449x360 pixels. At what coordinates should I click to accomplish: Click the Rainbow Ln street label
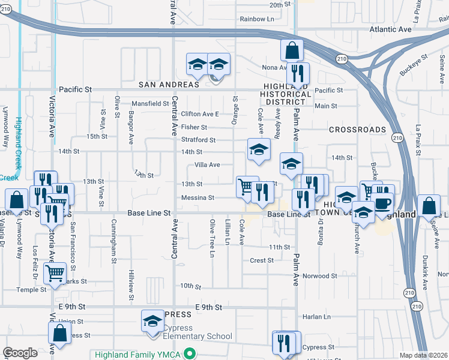(257, 19)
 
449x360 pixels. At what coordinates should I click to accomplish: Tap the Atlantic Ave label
(390, 29)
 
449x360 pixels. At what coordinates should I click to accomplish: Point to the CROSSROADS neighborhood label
(357, 130)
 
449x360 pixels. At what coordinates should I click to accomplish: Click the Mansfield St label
(151, 103)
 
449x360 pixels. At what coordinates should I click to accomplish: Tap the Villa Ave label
(207, 164)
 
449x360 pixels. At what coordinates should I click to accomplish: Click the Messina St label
(197, 197)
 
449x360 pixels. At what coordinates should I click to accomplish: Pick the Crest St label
(262, 260)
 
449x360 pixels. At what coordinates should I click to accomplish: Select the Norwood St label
(320, 276)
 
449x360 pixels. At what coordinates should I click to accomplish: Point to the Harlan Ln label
(318, 317)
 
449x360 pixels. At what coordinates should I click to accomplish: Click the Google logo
(20, 353)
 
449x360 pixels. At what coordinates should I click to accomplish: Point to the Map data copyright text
(423, 355)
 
